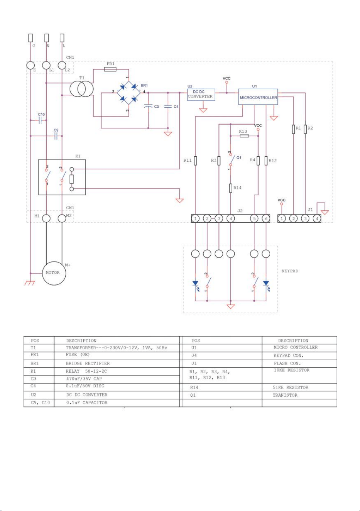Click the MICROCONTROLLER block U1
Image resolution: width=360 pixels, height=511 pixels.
tap(258, 97)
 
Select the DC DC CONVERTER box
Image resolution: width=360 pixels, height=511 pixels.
tap(201, 95)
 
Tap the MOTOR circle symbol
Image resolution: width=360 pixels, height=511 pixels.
tap(54, 273)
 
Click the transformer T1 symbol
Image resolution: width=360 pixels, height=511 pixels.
tap(81, 89)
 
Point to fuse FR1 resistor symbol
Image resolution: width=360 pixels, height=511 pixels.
tap(110, 69)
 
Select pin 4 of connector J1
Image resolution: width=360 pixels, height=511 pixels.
tap(317, 218)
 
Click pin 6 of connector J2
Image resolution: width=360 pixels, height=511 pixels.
tap(266, 218)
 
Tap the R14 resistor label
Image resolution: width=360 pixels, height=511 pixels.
tap(237, 188)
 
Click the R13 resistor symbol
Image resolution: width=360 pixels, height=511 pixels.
tap(244, 136)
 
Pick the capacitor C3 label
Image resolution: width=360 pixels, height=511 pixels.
tap(157, 107)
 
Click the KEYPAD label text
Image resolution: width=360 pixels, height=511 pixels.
tap(290, 271)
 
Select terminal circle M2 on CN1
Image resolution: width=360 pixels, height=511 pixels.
tap(62, 218)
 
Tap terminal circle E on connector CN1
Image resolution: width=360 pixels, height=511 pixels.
tap(30, 65)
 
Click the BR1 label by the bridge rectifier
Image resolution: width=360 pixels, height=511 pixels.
tap(144, 86)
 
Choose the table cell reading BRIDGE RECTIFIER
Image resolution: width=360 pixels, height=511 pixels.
tap(88, 363)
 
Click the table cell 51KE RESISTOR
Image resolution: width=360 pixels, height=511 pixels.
tap(291, 387)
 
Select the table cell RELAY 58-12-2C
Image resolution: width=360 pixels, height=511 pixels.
tap(86, 371)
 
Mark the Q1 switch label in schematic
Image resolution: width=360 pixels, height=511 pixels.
tap(238, 157)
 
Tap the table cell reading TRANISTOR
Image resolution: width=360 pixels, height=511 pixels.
tap(285, 395)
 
